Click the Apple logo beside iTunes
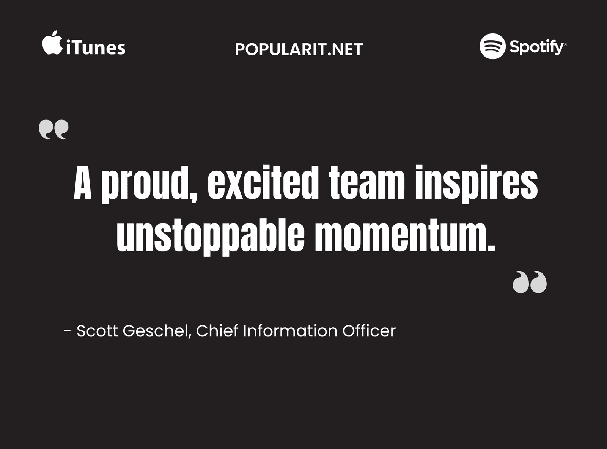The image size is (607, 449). (x=52, y=43)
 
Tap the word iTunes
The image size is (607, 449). (x=96, y=47)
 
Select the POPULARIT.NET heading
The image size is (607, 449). (x=299, y=49)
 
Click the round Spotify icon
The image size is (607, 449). (x=492, y=46)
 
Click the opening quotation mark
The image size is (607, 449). (x=53, y=129)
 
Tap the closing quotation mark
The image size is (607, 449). (x=530, y=282)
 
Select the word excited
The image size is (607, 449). (x=263, y=182)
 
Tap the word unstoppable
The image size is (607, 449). (x=211, y=237)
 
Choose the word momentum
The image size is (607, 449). (x=405, y=235)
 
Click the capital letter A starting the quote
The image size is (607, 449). (x=83, y=182)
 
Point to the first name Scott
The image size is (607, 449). (x=97, y=331)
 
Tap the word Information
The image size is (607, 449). (x=290, y=331)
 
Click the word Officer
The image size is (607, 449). (x=369, y=331)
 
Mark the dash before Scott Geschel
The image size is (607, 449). (x=67, y=331)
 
